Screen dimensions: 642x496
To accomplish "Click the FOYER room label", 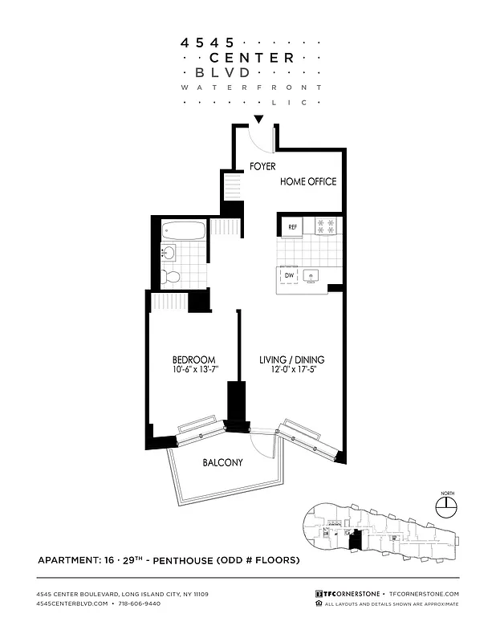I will [262, 167].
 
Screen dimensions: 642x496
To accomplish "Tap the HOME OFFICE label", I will [307, 181].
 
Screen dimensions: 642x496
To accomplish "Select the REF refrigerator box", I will [293, 226].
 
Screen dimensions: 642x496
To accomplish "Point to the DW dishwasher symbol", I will [289, 276].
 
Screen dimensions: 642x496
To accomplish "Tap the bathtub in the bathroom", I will [182, 230].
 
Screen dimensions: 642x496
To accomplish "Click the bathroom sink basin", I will [169, 253].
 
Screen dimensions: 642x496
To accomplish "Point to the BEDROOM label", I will [194, 360].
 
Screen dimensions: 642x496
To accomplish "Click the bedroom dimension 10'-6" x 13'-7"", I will [194, 370].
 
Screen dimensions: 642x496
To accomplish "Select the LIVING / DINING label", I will [291, 360].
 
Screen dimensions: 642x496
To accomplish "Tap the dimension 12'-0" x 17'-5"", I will [291, 370].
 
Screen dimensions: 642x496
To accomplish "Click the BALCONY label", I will [222, 463].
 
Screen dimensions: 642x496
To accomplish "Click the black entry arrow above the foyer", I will [258, 121].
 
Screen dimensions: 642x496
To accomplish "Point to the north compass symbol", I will [445, 506].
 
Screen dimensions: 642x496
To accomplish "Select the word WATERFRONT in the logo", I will [251, 87].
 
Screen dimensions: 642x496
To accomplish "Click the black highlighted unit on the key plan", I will [356, 540].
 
